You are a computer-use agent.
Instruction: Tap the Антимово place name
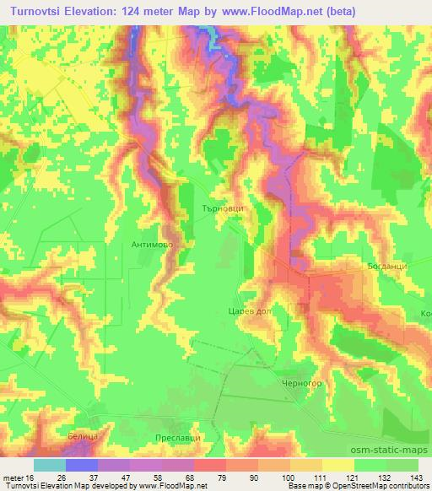coord(153,244)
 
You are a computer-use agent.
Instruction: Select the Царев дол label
coord(248,310)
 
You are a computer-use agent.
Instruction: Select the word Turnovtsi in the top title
coord(39,12)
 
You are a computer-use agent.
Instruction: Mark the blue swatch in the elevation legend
coord(81,465)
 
